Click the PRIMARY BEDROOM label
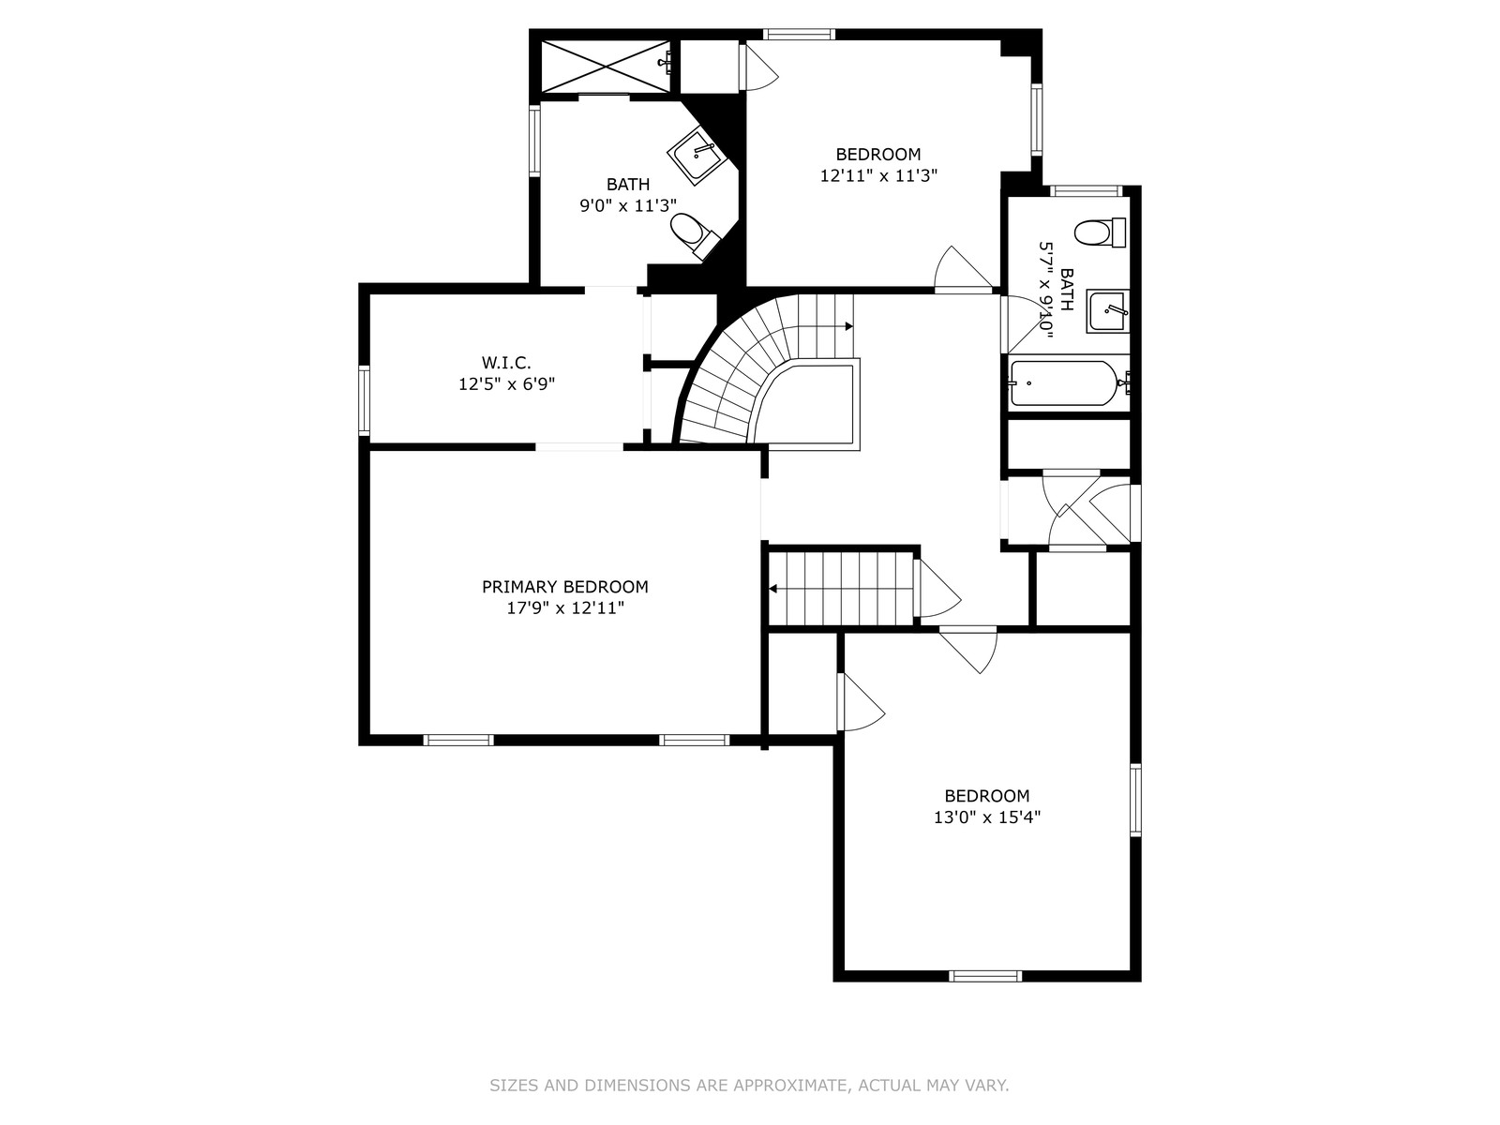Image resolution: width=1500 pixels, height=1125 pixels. click(x=564, y=587)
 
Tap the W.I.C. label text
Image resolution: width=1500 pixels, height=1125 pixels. click(x=506, y=363)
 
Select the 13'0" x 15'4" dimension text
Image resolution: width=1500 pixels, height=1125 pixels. click(x=987, y=817)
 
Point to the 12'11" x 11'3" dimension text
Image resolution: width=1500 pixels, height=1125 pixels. click(x=878, y=175)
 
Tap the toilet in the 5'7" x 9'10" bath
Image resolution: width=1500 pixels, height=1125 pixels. click(x=1100, y=232)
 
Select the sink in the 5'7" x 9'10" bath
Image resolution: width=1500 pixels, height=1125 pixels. click(x=1107, y=311)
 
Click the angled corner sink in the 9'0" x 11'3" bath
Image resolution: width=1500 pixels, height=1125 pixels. click(x=695, y=156)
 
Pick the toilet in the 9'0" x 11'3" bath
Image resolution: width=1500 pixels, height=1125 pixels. click(x=695, y=235)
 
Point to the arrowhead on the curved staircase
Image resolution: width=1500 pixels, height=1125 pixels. click(x=848, y=326)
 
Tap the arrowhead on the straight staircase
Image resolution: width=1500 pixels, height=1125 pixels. click(x=773, y=589)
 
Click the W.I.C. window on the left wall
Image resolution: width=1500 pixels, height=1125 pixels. click(x=365, y=400)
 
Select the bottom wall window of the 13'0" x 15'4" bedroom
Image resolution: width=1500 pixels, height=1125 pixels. click(x=985, y=976)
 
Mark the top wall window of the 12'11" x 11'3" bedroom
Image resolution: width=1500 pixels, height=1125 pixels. click(x=799, y=34)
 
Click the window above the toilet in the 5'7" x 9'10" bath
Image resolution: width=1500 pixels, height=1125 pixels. click(x=1086, y=190)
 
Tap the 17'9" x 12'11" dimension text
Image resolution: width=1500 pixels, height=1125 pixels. click(x=565, y=607)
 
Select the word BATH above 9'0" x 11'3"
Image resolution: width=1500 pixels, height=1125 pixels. click(x=628, y=185)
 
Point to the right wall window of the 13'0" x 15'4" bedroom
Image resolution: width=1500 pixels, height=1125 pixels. click(x=1135, y=799)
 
